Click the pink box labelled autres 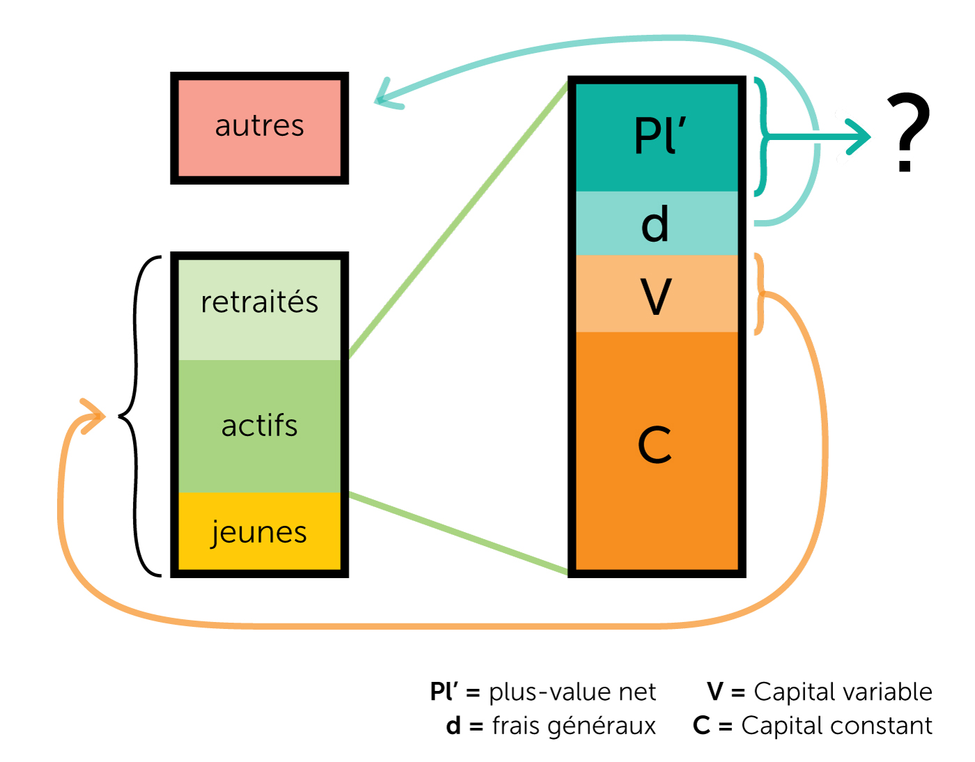[259, 127]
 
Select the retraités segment [259, 306]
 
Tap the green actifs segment [259, 426]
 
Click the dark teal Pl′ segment [657, 137]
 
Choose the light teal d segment [657, 224]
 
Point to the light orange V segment [657, 295]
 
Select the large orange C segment [657, 449]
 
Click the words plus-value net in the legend [572, 692]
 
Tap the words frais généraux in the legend [574, 726]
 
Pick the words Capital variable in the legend [843, 692]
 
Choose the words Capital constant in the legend [836, 726]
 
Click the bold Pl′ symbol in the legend [444, 692]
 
